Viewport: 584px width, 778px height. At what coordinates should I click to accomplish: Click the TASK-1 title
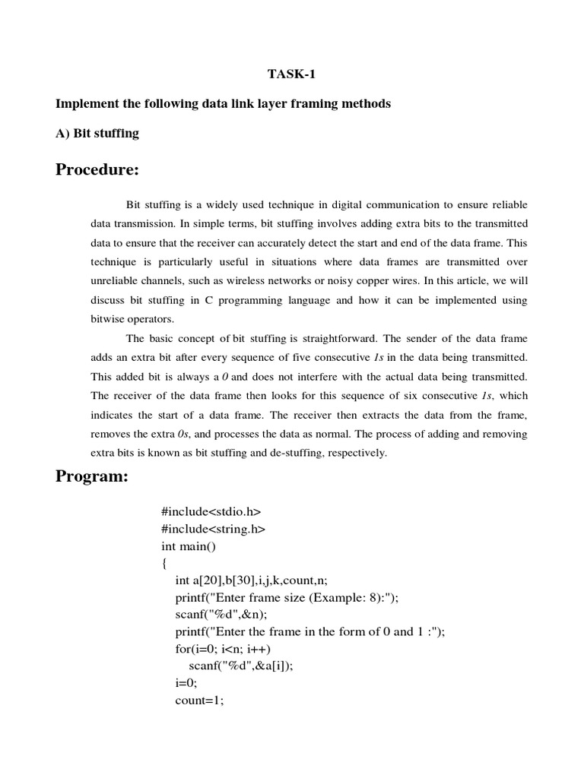(x=292, y=74)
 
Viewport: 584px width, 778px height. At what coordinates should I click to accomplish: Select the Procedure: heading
(x=97, y=169)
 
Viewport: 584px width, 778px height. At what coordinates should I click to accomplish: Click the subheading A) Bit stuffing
(x=97, y=133)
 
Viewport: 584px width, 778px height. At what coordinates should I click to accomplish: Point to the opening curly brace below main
(x=163, y=564)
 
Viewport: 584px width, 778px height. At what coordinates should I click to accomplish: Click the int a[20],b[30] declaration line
(x=251, y=580)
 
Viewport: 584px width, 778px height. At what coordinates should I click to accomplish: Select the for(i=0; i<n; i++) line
(x=223, y=648)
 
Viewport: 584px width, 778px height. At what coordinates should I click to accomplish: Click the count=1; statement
(x=199, y=701)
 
